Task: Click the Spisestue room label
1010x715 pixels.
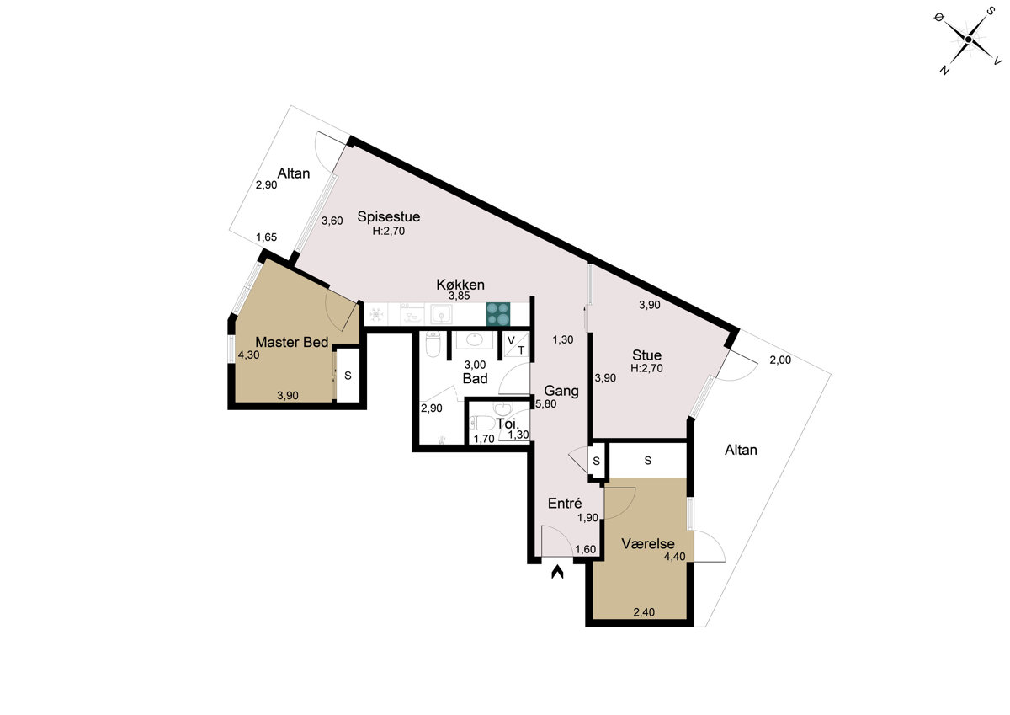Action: point(389,216)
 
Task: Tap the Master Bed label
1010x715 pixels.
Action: point(292,343)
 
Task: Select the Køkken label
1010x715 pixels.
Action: point(460,285)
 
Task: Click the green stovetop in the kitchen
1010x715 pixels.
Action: point(498,314)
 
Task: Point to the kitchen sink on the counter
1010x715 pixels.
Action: point(441,314)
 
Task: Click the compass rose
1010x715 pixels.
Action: point(968,40)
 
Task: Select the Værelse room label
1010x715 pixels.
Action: point(648,543)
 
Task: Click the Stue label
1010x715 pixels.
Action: point(646,355)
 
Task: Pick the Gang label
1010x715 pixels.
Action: point(561,391)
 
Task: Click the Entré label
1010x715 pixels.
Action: point(565,503)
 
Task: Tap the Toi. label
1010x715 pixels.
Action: point(508,424)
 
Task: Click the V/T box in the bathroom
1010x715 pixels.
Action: point(516,345)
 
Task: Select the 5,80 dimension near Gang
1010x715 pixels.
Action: point(546,404)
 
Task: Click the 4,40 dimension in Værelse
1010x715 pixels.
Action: point(674,557)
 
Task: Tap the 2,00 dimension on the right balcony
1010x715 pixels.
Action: point(780,360)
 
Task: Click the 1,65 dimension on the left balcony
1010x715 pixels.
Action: point(267,237)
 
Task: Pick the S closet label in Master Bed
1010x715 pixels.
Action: point(348,376)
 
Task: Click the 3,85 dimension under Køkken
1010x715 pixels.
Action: point(459,296)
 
